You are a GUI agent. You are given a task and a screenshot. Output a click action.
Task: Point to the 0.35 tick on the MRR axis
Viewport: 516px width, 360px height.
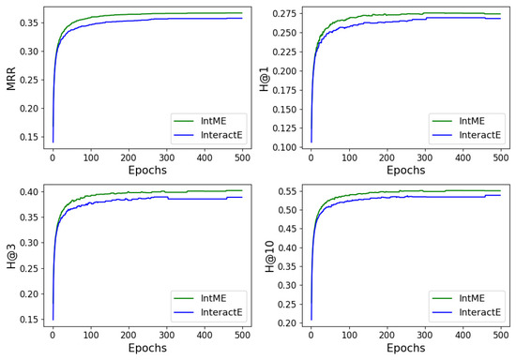[x=29, y=22]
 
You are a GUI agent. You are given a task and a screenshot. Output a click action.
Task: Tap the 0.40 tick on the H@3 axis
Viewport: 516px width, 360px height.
[x=29, y=192]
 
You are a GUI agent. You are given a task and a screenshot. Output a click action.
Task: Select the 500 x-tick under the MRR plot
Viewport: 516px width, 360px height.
[x=241, y=159]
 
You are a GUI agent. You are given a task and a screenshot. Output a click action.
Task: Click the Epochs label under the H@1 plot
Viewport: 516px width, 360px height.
[x=405, y=171]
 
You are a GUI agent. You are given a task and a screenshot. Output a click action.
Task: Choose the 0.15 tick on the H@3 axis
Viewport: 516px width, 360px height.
[x=29, y=320]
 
